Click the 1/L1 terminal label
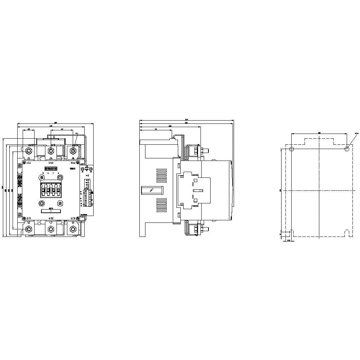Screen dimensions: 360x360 point(28,163)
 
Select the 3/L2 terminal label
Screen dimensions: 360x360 point(51,163)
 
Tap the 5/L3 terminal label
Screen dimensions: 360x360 point(73,163)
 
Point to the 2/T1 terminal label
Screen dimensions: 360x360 point(28,218)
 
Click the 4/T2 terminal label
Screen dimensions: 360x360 point(51,218)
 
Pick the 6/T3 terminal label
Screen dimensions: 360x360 point(73,218)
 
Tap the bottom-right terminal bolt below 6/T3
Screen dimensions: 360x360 point(73,229)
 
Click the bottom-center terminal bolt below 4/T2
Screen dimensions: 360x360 point(51,229)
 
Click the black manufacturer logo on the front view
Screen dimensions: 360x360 point(51,168)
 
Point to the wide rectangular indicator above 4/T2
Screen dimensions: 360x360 point(51,210)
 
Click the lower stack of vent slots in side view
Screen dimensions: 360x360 point(161,205)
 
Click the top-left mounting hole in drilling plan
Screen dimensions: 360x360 point(292,149)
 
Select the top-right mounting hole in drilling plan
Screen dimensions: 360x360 point(347,148)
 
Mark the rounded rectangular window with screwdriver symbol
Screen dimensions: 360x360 point(152,189)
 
